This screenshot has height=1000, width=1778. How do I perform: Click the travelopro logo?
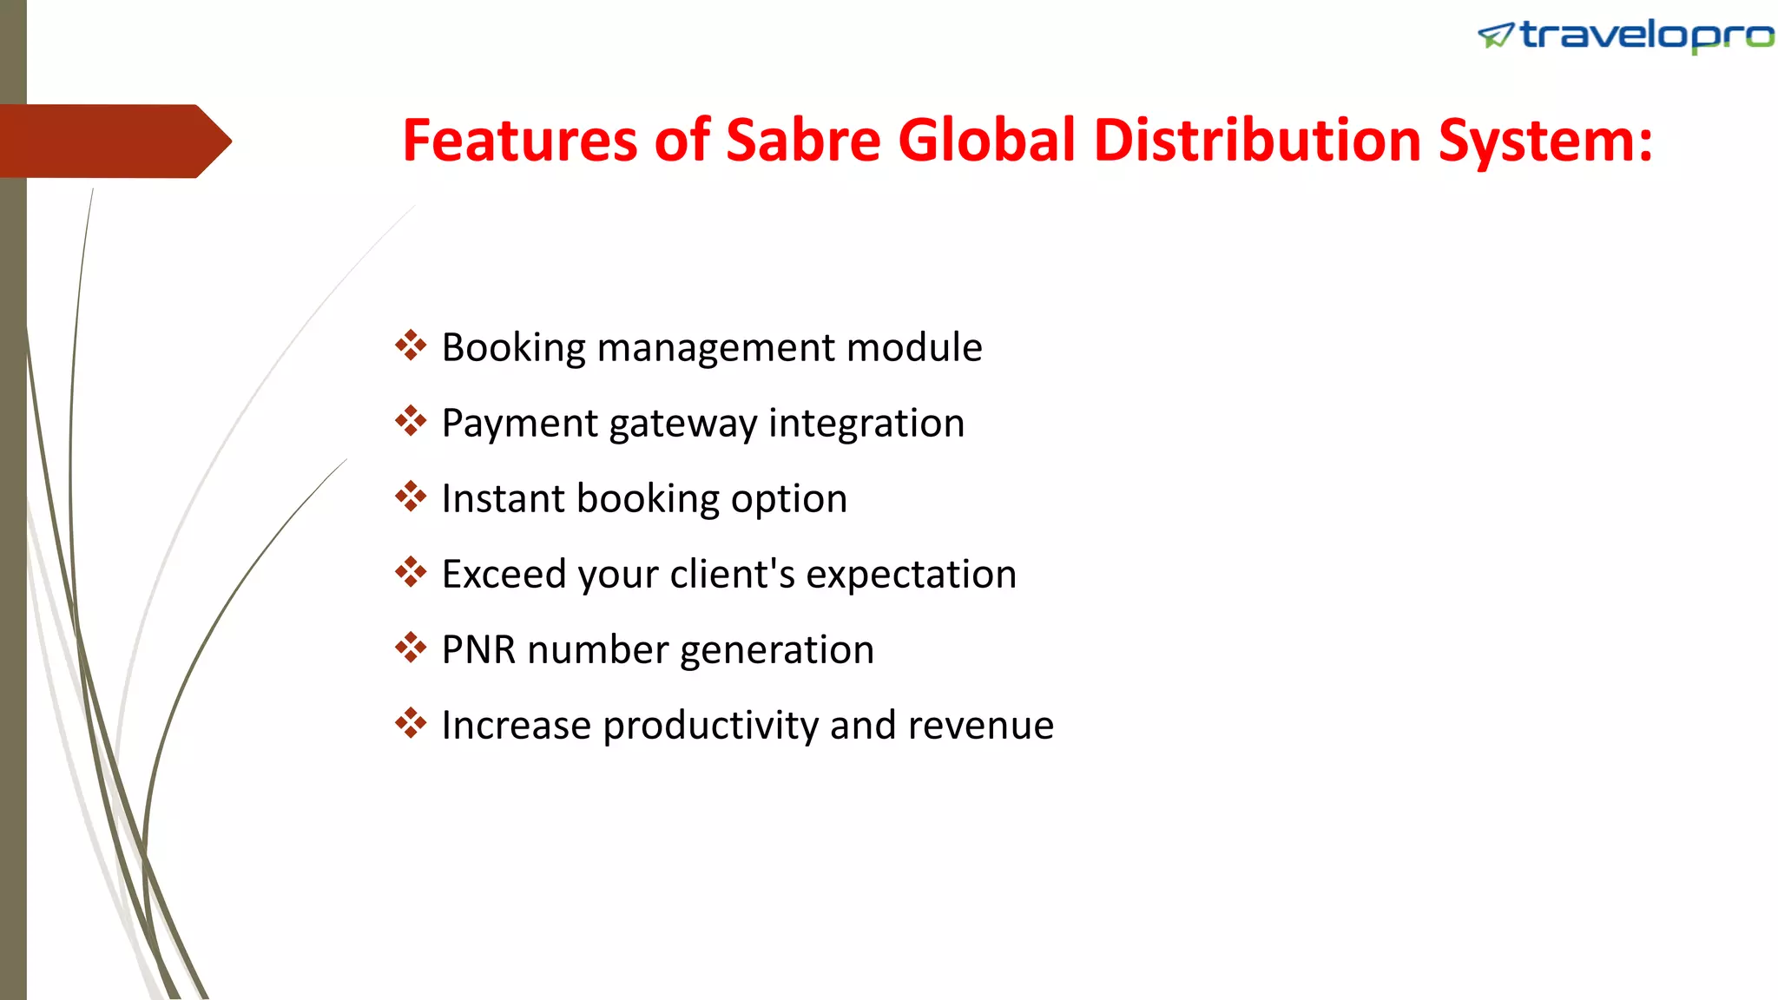point(1625,36)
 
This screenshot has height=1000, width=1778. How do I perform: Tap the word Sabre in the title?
point(803,141)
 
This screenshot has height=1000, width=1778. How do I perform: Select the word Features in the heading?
point(519,141)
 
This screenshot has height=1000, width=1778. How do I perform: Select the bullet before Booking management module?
point(411,345)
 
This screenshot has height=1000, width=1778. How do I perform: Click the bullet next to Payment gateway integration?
point(411,421)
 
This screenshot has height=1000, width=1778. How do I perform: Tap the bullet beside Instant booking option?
point(411,497)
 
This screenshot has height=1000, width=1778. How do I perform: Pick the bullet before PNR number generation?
point(411,648)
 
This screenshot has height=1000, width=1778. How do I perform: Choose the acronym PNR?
point(478,650)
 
